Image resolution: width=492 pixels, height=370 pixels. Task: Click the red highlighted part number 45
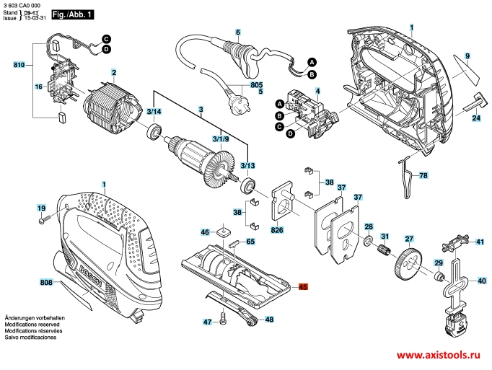(303, 287)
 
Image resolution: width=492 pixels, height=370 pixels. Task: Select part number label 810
(19, 66)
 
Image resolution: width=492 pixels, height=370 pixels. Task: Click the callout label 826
(276, 230)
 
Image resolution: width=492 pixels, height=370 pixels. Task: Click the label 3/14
(154, 112)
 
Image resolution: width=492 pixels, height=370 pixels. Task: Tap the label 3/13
(247, 165)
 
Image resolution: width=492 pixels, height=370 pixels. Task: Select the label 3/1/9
(221, 138)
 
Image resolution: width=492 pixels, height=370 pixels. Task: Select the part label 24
(477, 118)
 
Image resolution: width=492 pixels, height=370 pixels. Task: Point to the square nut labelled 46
(224, 232)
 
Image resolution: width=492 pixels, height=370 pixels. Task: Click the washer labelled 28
(368, 239)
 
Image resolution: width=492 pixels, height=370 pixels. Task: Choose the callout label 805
(256, 84)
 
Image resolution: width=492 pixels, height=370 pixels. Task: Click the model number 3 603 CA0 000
(22, 5)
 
